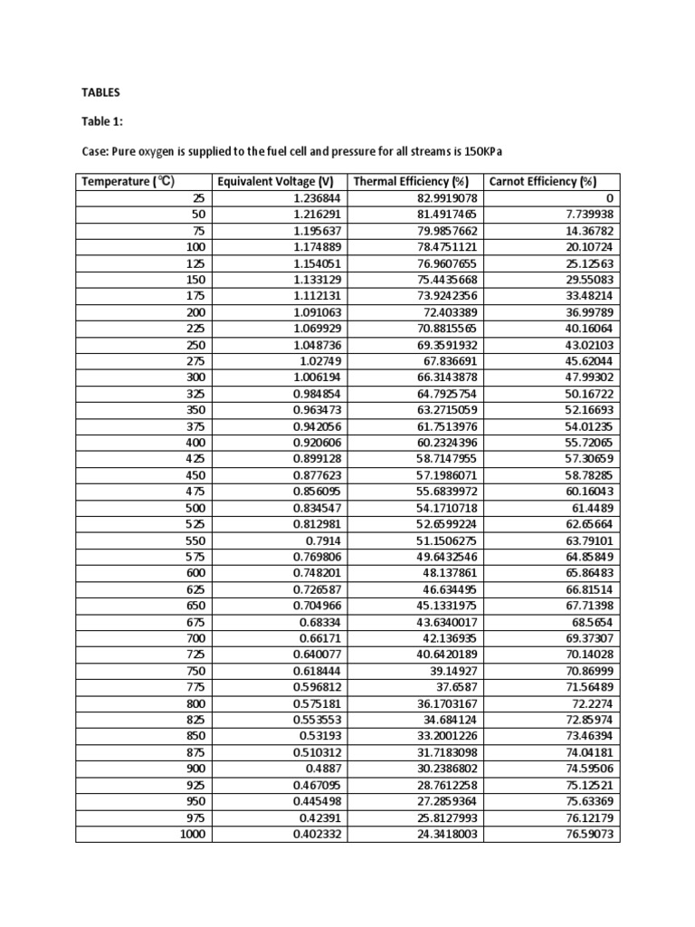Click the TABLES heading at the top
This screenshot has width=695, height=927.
point(100,92)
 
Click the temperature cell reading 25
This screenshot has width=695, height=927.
point(199,197)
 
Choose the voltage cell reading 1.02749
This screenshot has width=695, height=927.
point(321,360)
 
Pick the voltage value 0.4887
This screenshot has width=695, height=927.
point(325,769)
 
